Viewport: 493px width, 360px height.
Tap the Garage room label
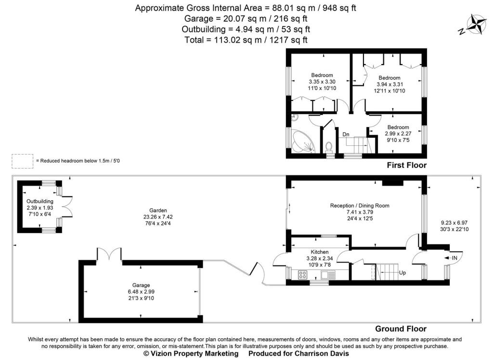coord(141,285)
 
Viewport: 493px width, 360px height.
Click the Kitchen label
coord(319,252)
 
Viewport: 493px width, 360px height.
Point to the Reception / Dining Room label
coord(359,206)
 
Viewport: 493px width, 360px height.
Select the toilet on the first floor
coord(330,145)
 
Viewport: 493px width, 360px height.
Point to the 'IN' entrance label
coord(454,258)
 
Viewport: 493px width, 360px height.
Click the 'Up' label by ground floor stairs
coord(402,272)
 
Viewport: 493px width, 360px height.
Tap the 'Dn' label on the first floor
coord(346,134)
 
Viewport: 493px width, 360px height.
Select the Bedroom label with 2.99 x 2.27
coord(397,127)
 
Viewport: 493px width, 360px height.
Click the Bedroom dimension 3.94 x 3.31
coord(389,84)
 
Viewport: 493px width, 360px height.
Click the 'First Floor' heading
coord(406,165)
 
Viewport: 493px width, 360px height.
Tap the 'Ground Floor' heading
coord(400,329)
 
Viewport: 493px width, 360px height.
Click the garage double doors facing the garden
coord(109,254)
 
